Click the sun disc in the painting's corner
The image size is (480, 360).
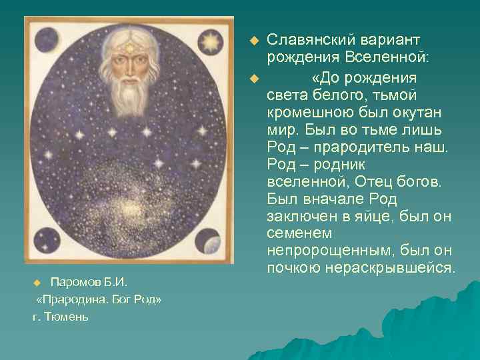point(212,42)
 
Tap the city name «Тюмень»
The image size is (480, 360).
point(67,316)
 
